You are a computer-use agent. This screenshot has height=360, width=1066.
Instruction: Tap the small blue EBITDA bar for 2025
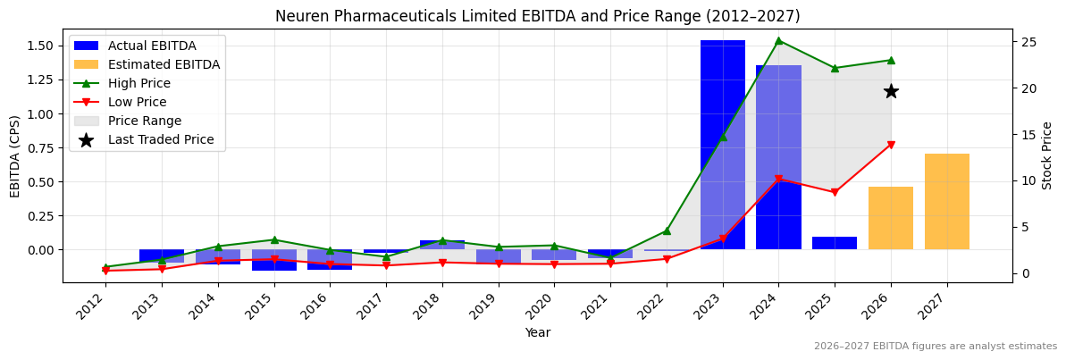[834, 243]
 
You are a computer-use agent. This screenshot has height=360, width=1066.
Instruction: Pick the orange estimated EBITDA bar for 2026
[890, 218]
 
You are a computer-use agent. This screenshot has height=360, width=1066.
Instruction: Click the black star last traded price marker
[890, 91]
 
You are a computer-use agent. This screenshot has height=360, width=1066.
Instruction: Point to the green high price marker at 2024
[778, 40]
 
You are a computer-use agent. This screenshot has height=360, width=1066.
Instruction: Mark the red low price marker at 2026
[890, 145]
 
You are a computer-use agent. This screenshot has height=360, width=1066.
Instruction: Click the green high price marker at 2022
[666, 230]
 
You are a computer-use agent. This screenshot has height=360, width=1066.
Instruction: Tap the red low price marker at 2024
[778, 179]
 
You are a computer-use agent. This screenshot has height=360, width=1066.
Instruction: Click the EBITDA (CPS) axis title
[15, 155]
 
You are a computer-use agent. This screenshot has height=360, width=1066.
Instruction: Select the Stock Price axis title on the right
[1047, 155]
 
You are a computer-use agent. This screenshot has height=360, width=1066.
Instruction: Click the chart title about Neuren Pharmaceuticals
[537, 16]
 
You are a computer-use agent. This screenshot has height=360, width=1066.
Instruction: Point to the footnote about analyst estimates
[935, 347]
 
